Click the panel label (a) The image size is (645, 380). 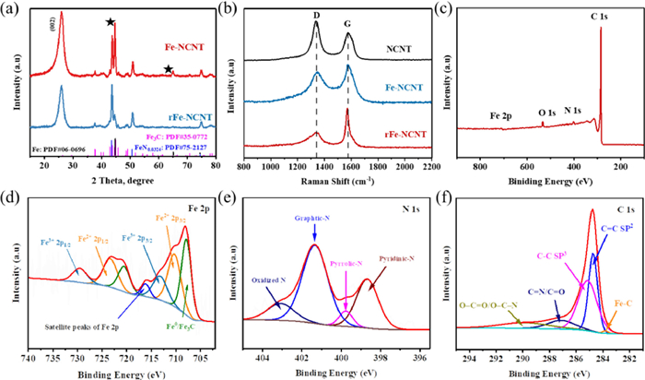(13, 8)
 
